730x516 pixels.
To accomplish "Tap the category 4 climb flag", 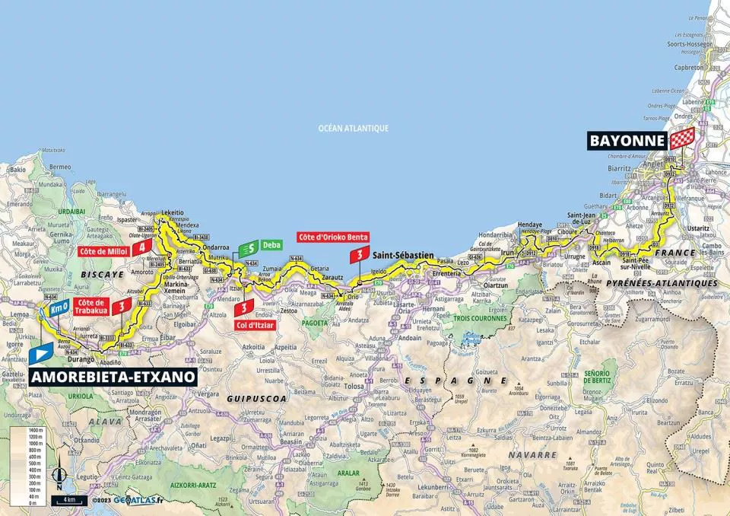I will [141, 247].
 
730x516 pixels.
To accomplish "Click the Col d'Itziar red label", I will [255, 326].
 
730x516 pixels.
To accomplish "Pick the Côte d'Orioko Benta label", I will [333, 237].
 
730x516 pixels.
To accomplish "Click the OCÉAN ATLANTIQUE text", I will [353, 129].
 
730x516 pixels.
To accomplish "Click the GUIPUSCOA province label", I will [247, 397].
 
